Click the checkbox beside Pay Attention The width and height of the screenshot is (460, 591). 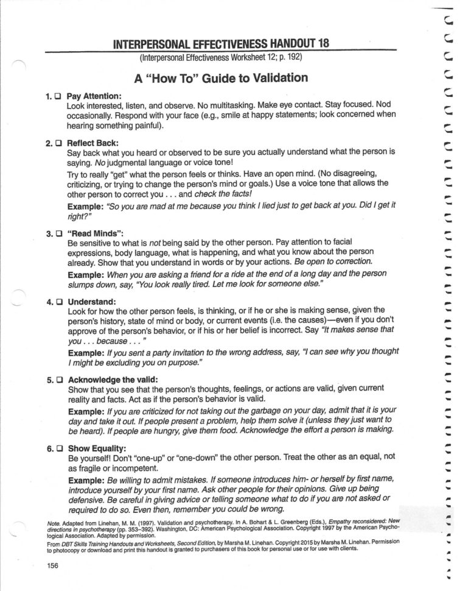pos(58,96)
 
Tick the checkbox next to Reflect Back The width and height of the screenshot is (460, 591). pos(58,143)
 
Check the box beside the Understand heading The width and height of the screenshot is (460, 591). pos(58,302)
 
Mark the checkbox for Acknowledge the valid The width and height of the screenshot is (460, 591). pos(58,380)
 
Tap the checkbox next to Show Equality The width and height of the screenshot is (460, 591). pos(58,448)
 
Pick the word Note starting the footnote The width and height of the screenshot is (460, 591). pos(53,523)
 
